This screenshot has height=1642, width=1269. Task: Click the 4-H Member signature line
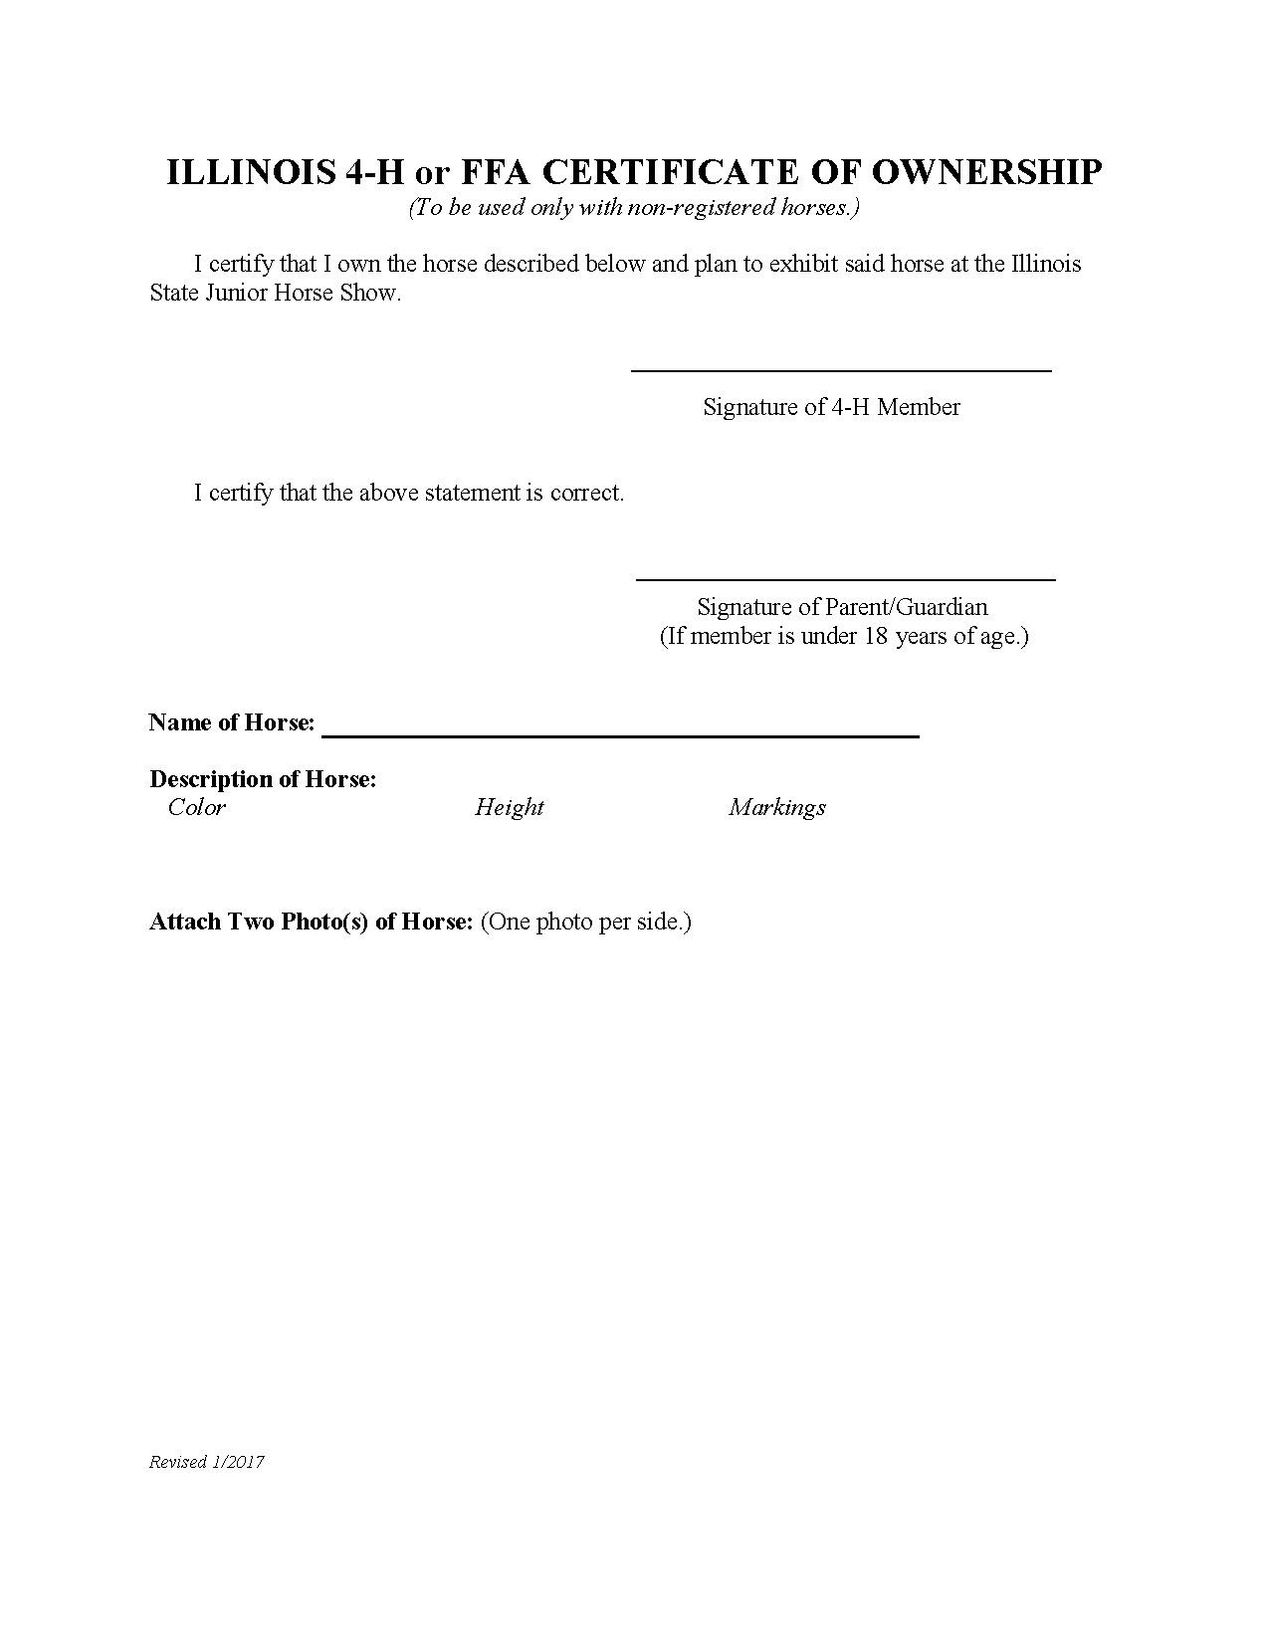(x=841, y=369)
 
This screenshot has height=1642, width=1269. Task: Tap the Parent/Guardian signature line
(x=845, y=577)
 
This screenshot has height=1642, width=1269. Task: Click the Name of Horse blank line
(x=620, y=734)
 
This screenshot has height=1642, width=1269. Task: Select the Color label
(x=197, y=807)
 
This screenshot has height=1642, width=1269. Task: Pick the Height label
(x=509, y=807)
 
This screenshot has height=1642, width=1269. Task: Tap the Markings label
(x=776, y=807)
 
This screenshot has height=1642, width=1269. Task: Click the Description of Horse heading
(x=263, y=779)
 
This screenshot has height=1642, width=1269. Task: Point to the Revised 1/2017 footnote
(x=206, y=1462)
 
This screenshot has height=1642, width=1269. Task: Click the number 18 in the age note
(x=875, y=636)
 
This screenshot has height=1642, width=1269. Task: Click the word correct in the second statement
(x=586, y=493)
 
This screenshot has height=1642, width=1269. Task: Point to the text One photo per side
(x=586, y=922)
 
